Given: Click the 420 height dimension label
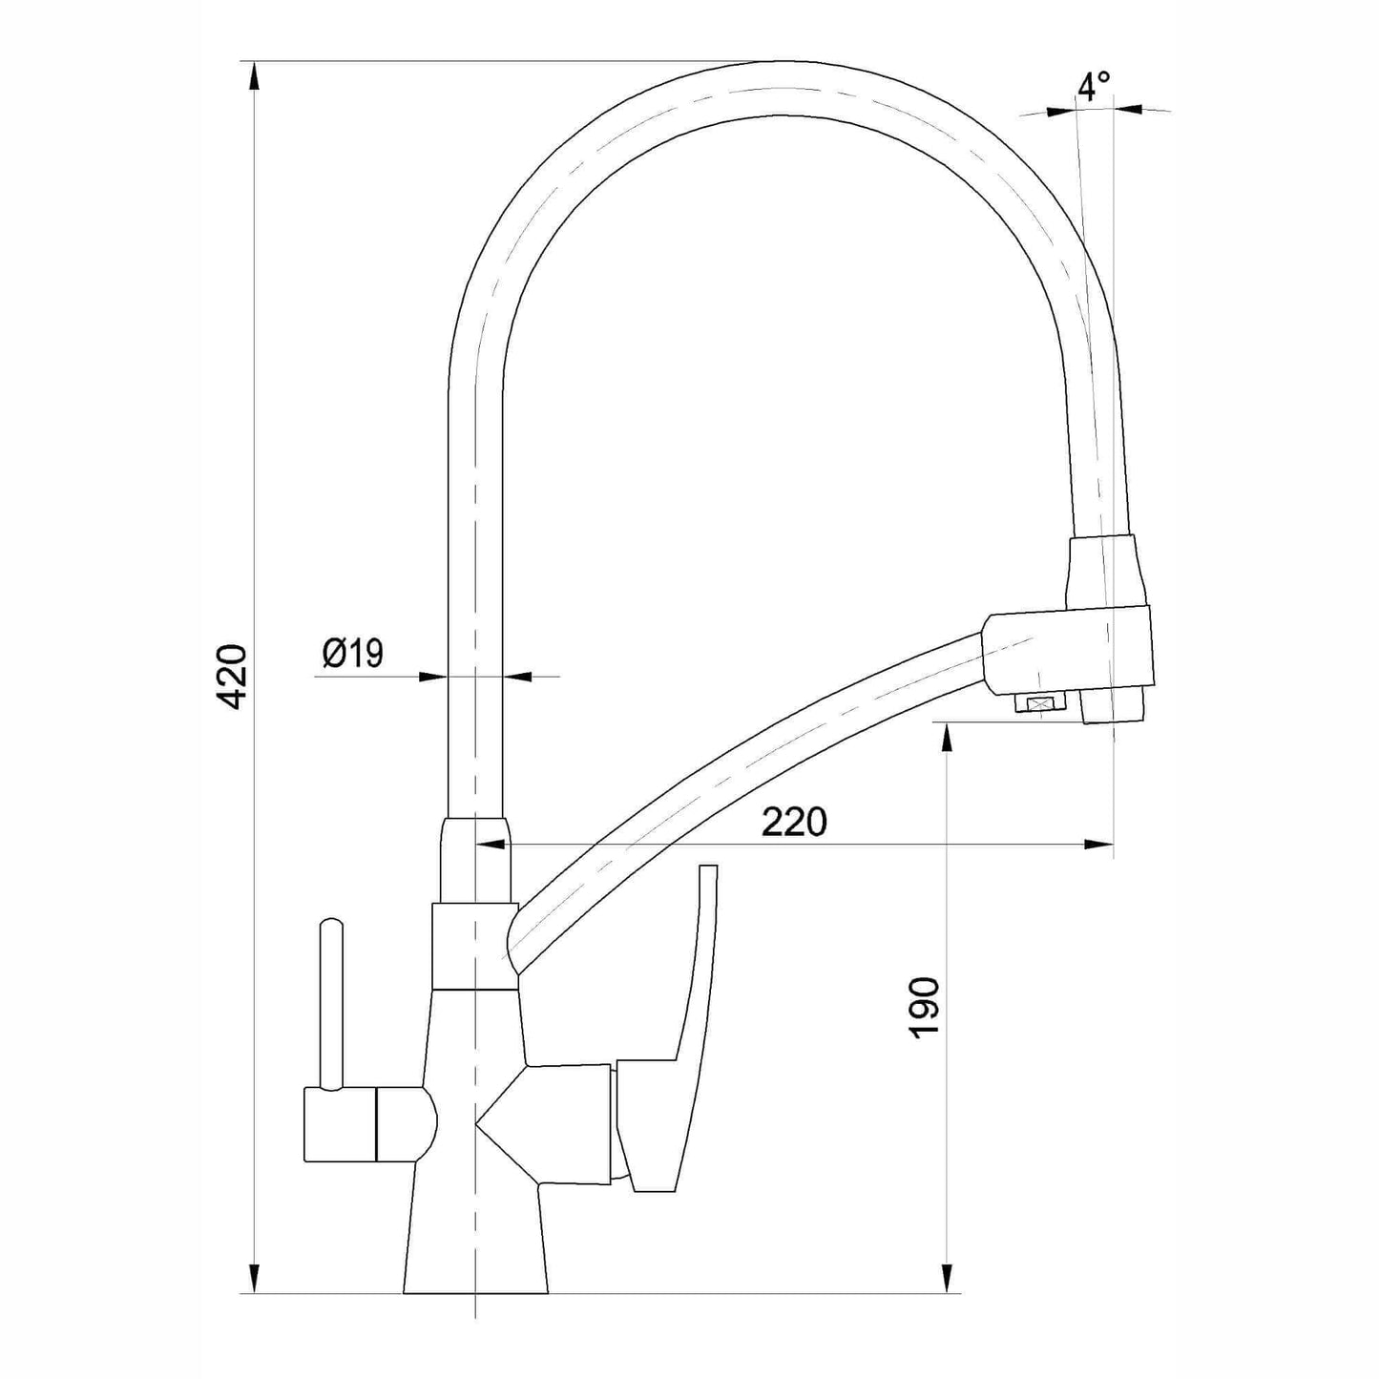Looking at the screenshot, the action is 233,677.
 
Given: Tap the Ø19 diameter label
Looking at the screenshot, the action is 353,653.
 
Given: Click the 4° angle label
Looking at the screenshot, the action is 1095,86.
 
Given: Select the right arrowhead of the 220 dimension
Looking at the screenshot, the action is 1098,846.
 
